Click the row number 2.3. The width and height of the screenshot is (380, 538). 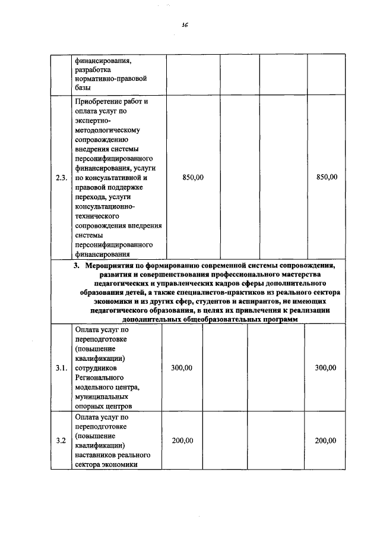click(61, 177)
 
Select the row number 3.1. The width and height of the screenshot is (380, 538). click(61, 368)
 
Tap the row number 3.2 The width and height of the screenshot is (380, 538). click(60, 441)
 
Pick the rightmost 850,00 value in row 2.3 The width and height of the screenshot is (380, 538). click(327, 177)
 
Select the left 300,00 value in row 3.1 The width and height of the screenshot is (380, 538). click(182, 368)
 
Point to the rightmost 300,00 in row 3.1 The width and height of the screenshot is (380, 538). click(325, 368)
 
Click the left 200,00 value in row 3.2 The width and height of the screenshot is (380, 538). click(182, 441)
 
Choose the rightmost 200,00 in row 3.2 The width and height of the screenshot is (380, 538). click(325, 441)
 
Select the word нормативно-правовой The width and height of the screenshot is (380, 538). click(110, 78)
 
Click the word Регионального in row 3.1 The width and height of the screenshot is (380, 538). click(99, 377)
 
